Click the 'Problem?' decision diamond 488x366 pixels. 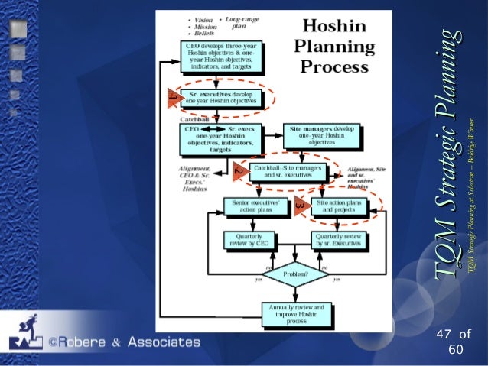[296, 273]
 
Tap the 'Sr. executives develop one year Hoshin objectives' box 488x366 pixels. [223, 99]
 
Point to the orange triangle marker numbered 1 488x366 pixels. [174, 99]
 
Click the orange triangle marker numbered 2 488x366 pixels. [239, 171]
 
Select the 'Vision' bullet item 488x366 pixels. [202, 18]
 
